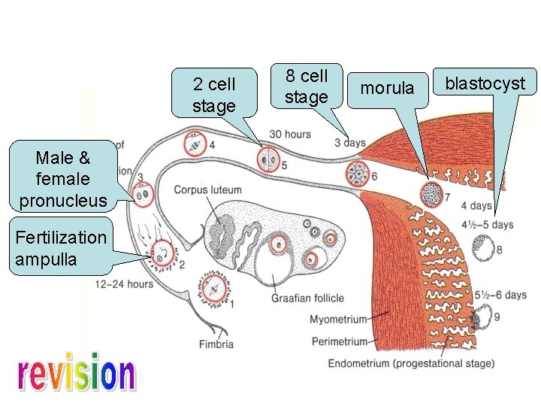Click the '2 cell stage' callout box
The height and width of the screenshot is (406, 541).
[x=213, y=95]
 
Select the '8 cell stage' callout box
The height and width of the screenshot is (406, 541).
[x=307, y=86]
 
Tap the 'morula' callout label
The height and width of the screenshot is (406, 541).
[x=387, y=88]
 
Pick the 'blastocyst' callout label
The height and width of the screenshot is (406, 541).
[x=485, y=83]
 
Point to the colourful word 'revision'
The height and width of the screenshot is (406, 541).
[x=76, y=374]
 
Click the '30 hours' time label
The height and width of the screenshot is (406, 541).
[x=289, y=135]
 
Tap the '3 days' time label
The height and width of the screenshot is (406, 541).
[x=350, y=143]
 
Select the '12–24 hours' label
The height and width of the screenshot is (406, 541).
[x=124, y=284]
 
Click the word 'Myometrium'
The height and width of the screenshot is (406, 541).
[x=338, y=320]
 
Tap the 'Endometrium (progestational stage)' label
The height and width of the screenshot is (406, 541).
[x=411, y=364]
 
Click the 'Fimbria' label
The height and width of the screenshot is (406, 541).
[x=216, y=344]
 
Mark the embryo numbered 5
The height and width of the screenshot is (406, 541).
[x=267, y=159]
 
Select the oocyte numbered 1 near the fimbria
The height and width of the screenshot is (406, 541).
[x=213, y=289]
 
